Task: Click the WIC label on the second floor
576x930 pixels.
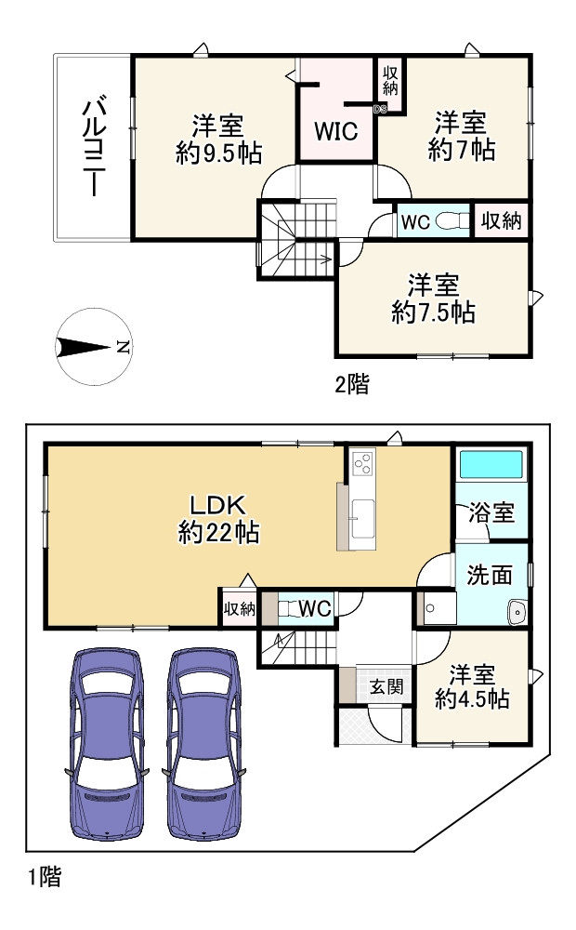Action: coord(336,131)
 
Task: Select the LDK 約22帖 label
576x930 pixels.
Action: coord(218,520)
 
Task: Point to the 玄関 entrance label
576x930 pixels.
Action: coord(386,687)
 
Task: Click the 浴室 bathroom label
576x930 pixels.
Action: coord(491,512)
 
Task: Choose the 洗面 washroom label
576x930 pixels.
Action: coord(490,575)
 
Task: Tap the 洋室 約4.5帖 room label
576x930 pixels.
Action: coord(472,687)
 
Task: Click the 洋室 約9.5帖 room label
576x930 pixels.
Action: coord(218,140)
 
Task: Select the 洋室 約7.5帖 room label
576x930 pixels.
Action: coord(433,299)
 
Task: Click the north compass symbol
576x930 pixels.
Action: coord(94,347)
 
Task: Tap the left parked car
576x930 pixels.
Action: coord(106,744)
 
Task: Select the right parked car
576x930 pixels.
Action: coord(203,744)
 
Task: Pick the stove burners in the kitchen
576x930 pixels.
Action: coord(362,463)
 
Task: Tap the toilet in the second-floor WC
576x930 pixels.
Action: coord(451,222)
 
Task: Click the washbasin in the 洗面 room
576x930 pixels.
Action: coord(517,612)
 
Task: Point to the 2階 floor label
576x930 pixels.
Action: coord(352,384)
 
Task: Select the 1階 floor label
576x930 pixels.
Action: coord(45,877)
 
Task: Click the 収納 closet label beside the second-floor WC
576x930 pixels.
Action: coord(501,220)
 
